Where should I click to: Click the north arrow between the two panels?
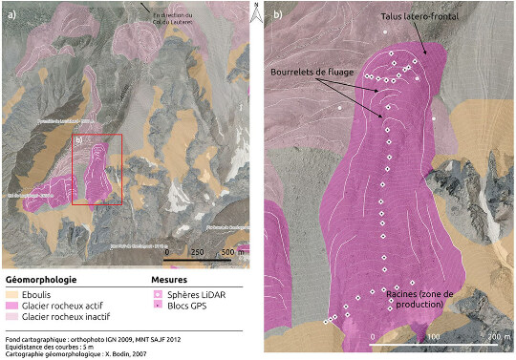[256, 11]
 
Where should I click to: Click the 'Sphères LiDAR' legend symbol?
[158, 295]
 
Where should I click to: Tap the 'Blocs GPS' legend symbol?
[158, 306]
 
